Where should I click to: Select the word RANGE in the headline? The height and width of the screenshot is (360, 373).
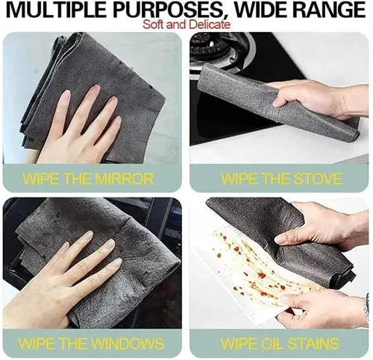tap(327, 10)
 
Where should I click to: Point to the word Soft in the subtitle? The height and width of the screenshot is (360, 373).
tap(154, 25)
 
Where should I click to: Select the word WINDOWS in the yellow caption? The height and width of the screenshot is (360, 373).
tap(127, 343)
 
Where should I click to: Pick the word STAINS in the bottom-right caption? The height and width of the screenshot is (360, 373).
tap(313, 343)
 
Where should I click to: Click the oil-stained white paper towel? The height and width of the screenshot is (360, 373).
tap(259, 271)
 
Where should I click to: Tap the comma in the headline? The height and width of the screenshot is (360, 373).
tap(226, 17)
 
